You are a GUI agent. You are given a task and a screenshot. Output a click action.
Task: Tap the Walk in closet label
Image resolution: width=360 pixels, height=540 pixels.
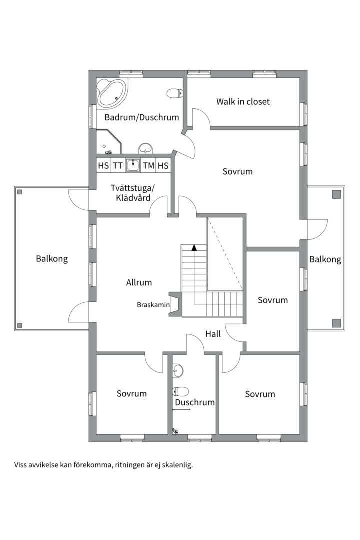coord(243,101)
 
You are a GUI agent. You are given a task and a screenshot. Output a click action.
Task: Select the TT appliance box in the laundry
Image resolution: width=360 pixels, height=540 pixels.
coord(118,165)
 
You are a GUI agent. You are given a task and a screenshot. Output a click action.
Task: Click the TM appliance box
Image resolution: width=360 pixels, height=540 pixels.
coord(149,165)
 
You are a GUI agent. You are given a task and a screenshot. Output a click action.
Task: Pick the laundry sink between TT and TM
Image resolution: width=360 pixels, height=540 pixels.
coord(133,165)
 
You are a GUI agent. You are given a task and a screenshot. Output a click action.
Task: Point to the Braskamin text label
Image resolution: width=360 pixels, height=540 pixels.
coord(153,305)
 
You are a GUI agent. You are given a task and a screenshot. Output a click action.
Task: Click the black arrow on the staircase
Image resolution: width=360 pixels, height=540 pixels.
coord(194,247)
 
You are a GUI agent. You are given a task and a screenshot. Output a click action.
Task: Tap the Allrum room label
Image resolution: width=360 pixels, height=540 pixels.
coord(139,282)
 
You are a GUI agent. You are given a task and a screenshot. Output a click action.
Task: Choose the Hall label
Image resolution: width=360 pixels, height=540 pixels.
coord(213,333)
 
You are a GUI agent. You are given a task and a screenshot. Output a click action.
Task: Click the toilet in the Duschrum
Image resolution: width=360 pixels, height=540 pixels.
coord(181,391)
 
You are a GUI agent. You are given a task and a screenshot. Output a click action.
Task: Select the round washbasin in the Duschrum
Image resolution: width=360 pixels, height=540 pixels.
coord(178,371)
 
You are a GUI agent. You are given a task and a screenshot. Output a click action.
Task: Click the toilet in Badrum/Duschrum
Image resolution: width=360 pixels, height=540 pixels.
coord(175,93)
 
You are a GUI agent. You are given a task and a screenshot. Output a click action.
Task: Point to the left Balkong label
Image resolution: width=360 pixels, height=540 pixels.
coord(52,259)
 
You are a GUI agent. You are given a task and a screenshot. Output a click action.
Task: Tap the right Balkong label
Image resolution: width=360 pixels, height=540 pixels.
coord(325,259)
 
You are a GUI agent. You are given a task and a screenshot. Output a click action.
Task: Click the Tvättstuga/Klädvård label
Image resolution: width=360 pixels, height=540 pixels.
coord(133,193)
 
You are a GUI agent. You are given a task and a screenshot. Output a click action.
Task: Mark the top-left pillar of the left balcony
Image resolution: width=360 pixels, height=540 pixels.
coord(20,192)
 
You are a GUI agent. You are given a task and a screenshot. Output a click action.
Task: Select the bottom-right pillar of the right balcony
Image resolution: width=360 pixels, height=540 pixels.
coord(336,323)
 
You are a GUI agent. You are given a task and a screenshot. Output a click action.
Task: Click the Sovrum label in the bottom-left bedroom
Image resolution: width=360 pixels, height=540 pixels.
coord(132,393)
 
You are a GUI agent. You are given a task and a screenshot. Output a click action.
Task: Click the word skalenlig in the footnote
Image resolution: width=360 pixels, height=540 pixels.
coord(178,465)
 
